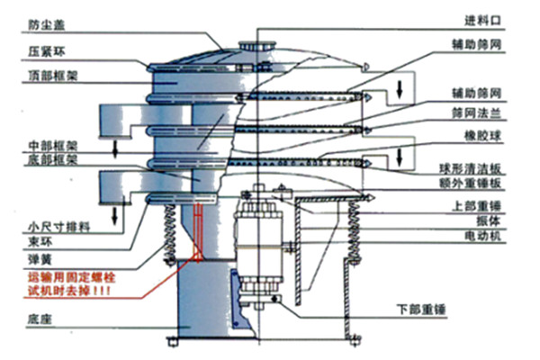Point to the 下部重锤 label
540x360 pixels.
pyautogui.click(x=421, y=309)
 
